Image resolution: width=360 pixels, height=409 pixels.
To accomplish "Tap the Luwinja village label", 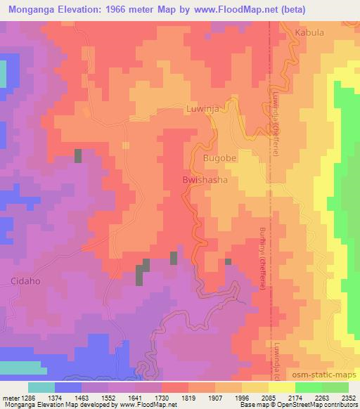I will pos(203,109).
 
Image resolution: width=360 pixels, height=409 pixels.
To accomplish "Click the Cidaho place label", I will pos(24,280).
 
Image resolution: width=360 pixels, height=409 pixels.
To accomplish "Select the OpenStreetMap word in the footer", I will pos(310,405).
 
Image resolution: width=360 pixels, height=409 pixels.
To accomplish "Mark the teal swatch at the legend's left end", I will pos(41,387).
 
